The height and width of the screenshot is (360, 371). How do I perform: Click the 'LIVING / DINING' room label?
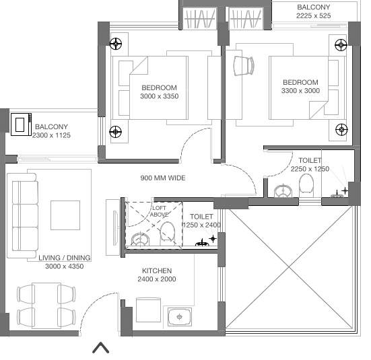pos(65,258)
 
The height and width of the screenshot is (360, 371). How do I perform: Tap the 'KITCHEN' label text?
pos(156,271)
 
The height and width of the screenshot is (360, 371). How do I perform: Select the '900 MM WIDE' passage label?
pos(162,178)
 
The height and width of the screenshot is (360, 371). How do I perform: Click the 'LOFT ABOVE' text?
pos(159,211)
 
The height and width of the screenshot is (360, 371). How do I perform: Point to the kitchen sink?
pos(179,314)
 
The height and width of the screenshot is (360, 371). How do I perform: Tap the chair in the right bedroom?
pos(243,65)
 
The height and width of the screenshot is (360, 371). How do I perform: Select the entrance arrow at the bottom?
pos(101,347)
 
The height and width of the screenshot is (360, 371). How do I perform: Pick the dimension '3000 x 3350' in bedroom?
pos(159,96)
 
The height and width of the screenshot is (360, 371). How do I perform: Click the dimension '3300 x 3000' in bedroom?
pos(300,92)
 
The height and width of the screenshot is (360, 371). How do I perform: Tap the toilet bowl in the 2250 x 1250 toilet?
pos(306,184)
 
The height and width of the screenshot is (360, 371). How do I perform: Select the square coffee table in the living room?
pos(65,215)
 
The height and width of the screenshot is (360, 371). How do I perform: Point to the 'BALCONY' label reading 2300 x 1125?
pos(51,127)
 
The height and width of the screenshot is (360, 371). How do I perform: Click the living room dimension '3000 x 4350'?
pos(65,266)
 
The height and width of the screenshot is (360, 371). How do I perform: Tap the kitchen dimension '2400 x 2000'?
pos(156,279)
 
